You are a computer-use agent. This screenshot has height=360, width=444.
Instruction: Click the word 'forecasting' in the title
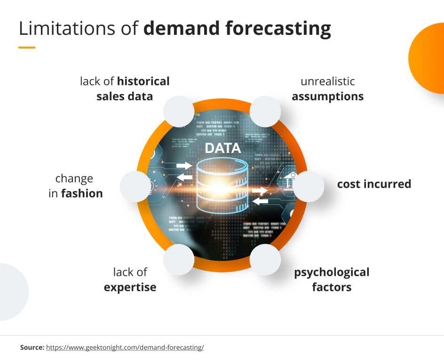coord(278,29)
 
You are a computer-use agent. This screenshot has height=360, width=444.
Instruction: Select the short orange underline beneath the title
coord(27,48)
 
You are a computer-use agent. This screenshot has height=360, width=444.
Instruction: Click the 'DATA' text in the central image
coord(223,148)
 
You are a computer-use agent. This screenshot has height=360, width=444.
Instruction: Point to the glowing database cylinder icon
coord(222,185)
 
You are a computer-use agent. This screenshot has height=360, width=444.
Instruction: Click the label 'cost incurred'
coord(374,184)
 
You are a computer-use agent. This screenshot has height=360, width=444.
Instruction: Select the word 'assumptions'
coord(328,96)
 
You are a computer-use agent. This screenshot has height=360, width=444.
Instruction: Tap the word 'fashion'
coord(82,193)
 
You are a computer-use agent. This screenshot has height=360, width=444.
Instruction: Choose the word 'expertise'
coord(130,288)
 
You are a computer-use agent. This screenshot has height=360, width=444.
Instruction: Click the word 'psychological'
coord(332,272)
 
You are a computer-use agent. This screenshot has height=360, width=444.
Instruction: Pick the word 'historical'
coord(143,81)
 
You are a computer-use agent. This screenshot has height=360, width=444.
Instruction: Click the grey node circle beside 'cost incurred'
coord(309,186)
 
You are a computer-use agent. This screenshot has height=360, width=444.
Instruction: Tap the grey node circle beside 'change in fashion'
coord(135,186)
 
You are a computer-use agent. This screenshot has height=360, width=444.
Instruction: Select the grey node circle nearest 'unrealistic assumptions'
coord(265,112)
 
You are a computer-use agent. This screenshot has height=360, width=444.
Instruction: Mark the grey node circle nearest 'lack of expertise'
coord(179,259)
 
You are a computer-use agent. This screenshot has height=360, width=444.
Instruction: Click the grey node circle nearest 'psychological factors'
coord(265,259)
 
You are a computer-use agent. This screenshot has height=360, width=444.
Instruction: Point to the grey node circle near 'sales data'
coord(179,112)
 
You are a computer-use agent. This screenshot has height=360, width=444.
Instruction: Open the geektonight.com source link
coord(125,348)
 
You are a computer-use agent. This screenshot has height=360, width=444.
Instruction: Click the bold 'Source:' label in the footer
coord(32,347)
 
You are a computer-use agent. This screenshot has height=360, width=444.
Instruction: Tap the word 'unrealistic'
coord(328,81)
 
